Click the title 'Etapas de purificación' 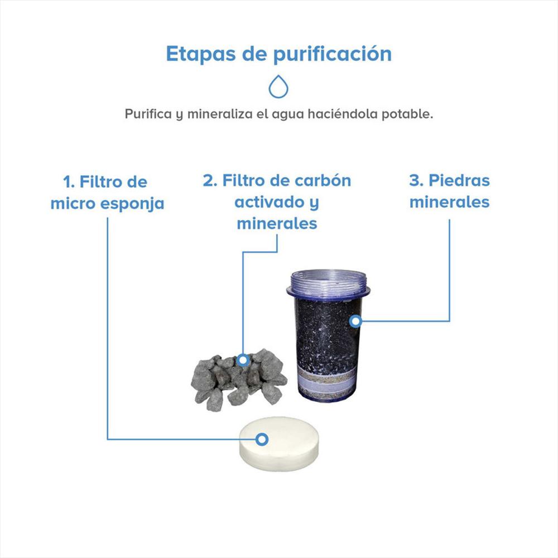278,54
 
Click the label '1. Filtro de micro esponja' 107,193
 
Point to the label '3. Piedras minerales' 449,191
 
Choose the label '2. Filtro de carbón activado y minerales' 277,201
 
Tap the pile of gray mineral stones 237,379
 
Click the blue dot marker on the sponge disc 262,440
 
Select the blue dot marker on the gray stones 243,360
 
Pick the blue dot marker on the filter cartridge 355,321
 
